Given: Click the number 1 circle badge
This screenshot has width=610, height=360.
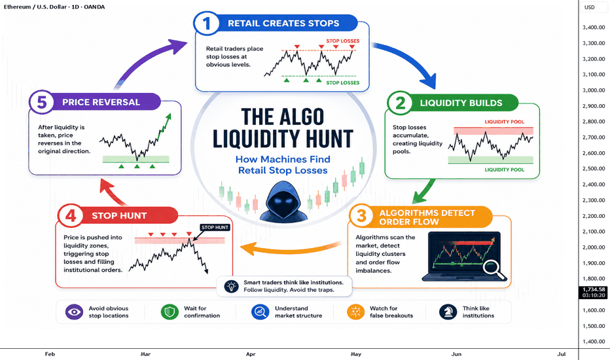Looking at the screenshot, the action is [206, 24].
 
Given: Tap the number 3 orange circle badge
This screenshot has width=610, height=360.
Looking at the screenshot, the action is [361, 216].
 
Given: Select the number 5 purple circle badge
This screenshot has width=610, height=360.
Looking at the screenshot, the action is [42, 102].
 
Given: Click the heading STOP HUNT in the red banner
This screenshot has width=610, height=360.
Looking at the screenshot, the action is [119, 215].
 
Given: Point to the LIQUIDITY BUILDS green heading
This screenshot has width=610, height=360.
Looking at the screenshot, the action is [461, 103].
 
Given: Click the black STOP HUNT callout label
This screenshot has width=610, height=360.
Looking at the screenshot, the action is [215, 227].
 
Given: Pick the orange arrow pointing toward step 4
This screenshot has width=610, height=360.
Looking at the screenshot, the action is [290, 248].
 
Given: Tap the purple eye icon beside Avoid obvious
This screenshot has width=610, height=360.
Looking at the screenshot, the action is [75, 312].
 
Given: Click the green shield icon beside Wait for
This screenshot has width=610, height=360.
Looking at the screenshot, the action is [170, 312].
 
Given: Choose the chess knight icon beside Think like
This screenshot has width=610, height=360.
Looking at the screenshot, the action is [448, 312].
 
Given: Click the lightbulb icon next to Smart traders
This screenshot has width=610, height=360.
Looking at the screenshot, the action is [232, 287].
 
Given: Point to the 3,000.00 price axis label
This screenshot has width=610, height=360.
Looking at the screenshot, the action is [594, 90].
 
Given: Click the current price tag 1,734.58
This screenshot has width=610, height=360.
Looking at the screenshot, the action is [594, 293].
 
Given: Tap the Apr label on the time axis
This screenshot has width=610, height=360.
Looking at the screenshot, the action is [251, 354].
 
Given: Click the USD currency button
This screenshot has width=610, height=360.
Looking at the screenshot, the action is [590, 7].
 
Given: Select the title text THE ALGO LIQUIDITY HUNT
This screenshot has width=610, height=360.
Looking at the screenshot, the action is [283, 128].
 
